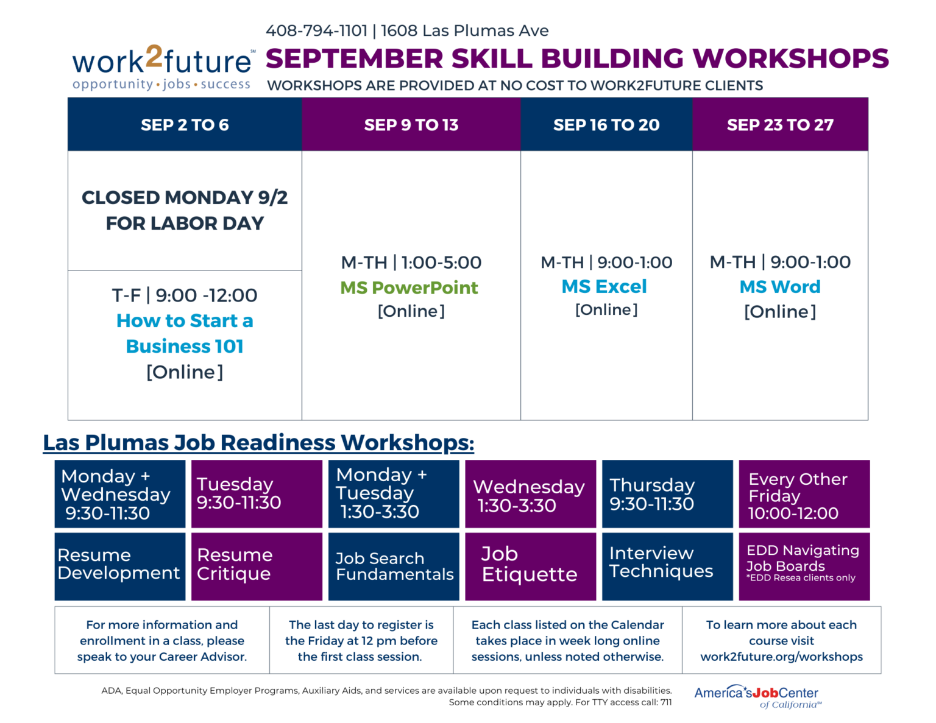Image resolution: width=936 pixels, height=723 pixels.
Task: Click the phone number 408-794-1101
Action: point(316,30)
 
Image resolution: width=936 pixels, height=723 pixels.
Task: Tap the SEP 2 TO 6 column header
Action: point(185,125)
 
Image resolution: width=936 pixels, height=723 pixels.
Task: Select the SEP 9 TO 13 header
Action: point(411,125)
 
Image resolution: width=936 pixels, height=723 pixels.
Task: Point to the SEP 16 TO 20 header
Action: point(606,125)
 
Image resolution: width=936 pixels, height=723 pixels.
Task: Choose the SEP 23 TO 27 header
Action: point(780,125)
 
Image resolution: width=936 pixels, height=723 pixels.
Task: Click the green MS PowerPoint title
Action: point(409,287)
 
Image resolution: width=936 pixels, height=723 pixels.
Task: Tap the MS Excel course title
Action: point(604,286)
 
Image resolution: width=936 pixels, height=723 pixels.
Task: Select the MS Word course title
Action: point(780,287)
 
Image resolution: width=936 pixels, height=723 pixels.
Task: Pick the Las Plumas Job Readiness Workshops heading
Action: point(258,443)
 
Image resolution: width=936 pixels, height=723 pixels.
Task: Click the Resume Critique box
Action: point(257,566)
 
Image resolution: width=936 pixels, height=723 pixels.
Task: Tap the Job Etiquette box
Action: point(530,566)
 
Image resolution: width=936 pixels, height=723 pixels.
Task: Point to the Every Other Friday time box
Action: point(804,494)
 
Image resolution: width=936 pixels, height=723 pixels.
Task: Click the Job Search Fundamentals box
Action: point(394,566)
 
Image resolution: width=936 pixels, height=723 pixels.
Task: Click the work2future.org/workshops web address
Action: point(781,657)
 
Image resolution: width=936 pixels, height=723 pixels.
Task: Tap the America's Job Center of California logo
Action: point(757,696)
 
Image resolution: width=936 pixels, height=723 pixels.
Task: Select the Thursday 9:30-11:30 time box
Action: point(667,494)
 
